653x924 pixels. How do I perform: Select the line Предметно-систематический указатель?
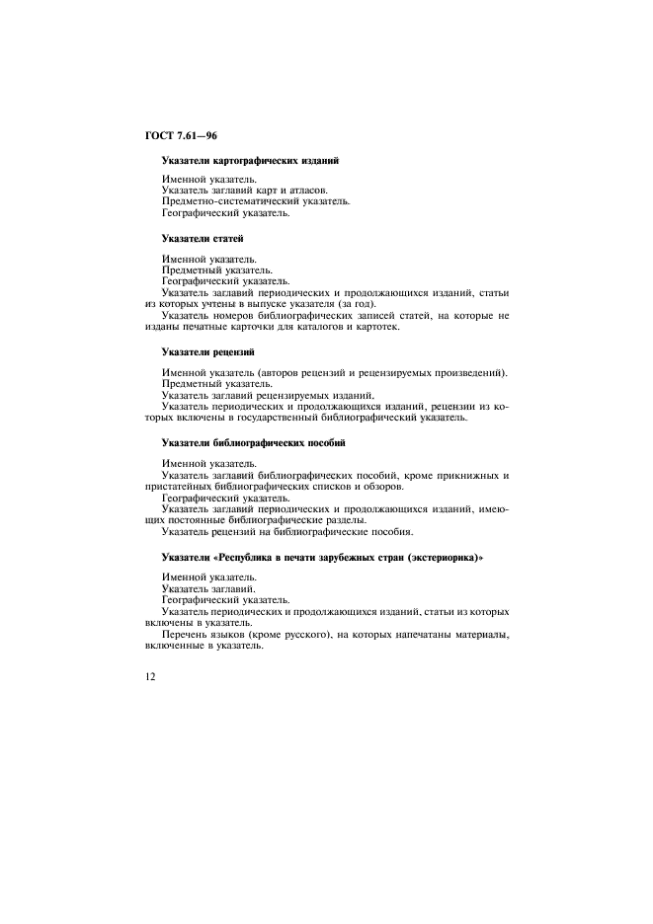[256, 201]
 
